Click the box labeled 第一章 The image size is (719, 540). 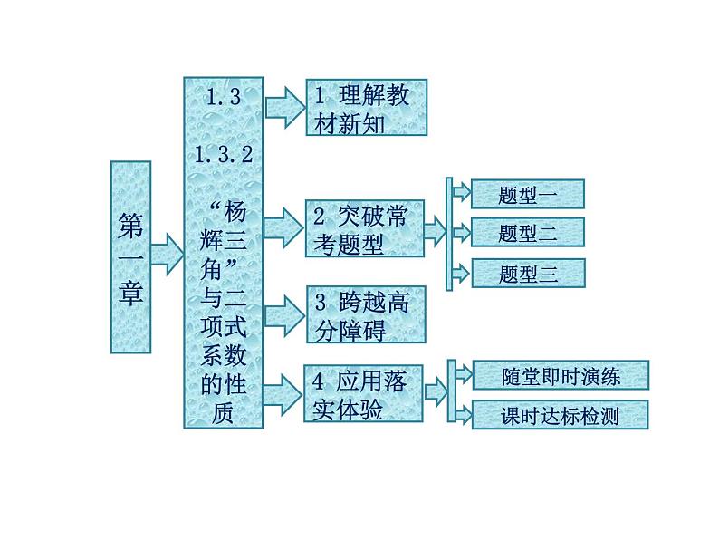pos(130,256)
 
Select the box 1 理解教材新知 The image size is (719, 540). pos(365,109)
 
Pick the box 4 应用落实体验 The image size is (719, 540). pos(365,396)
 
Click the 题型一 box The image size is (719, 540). pos(528,194)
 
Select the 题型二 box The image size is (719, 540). pos(528,233)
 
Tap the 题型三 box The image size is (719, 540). pos(528,273)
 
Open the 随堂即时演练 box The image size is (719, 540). pos(560,375)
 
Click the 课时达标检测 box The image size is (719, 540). pos(560,416)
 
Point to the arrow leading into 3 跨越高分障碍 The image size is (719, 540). pos(285,313)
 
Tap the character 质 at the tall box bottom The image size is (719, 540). pos(223,412)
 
